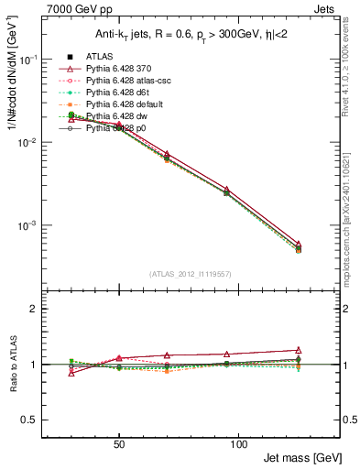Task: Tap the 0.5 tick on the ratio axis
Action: coord(32,420)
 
